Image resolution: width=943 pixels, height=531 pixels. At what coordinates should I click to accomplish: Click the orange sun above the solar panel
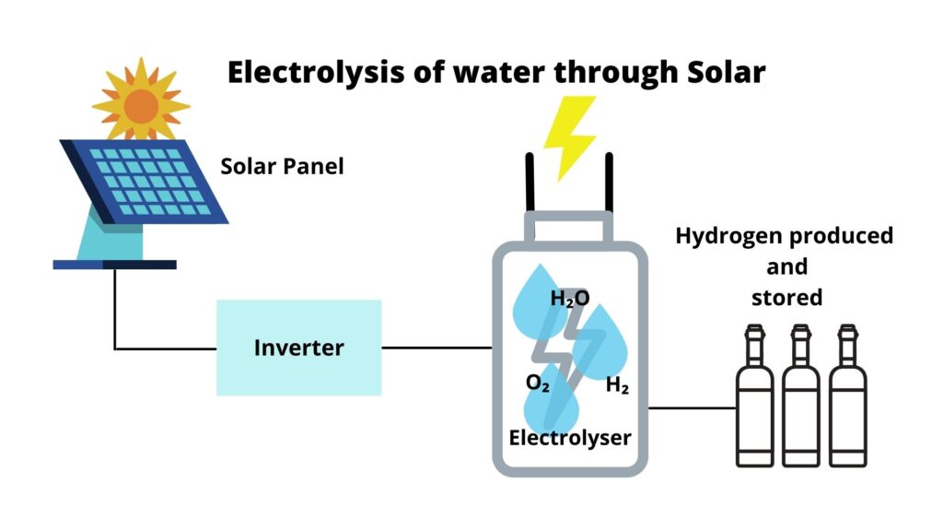pos(141,104)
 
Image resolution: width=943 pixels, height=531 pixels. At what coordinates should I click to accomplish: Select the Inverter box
pos(298,348)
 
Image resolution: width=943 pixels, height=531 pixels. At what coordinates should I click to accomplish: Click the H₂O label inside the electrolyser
pos(569,299)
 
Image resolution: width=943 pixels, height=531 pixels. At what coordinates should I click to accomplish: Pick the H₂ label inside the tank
pos(617,386)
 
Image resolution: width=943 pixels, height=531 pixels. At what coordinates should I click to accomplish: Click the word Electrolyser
pos(570,436)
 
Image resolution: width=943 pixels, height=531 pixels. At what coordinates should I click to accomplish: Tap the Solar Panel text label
pos(282,167)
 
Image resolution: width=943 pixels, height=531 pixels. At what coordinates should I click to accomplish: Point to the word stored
pos(786,298)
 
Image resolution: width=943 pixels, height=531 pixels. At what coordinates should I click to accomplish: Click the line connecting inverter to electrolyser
pos(437,348)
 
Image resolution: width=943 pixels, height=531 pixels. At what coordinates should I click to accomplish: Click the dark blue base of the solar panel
pos(114,265)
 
